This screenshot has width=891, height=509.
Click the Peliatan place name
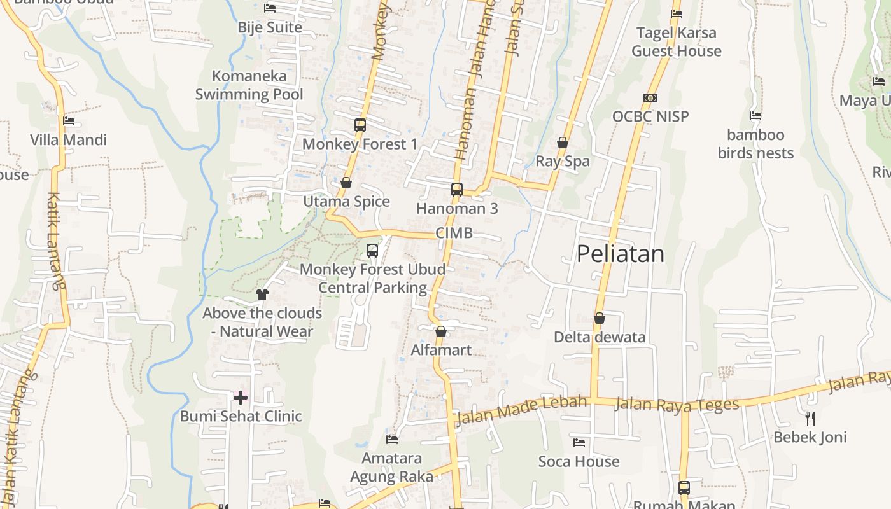coord(621,254)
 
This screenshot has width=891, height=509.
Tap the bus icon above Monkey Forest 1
coord(360,125)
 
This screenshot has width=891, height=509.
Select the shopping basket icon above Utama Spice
coord(346,183)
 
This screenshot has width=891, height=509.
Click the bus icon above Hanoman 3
coord(457,189)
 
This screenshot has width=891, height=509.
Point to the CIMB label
coord(454,233)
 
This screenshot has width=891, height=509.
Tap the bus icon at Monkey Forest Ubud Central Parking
coord(372,251)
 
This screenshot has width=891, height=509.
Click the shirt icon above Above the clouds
coord(262,294)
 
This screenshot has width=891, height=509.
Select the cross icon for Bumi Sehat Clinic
coord(240,398)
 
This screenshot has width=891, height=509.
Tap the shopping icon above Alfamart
coord(440,331)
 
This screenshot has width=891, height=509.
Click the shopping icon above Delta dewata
coord(599,318)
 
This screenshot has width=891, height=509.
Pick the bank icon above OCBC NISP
coord(650,98)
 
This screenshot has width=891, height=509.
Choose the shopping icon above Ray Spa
coord(563,143)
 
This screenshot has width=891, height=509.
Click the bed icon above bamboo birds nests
coord(755,116)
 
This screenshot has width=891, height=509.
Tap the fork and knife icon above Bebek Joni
coord(810,418)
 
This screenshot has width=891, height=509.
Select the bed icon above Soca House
coord(579,443)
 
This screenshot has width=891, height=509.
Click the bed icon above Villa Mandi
coord(69,121)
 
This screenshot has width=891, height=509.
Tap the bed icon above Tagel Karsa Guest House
coord(677,14)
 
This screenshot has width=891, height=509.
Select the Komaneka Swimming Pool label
coord(249,85)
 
